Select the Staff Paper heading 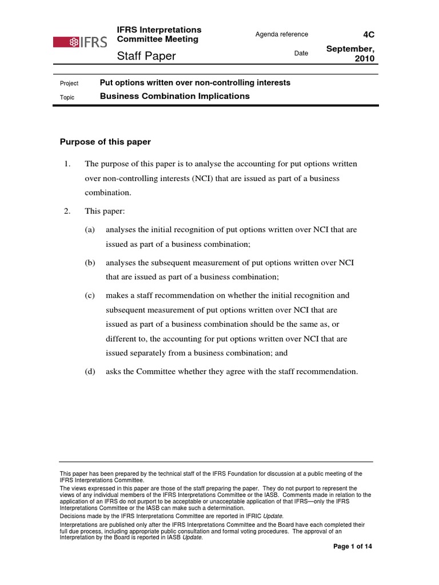[x=146, y=56]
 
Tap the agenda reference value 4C [x=369, y=34]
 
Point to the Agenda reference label [x=281, y=34]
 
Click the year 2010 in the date [x=364, y=59]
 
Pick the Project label [x=69, y=83]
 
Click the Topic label [x=67, y=97]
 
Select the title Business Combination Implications [x=174, y=97]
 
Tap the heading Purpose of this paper [x=105, y=142]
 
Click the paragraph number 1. [x=67, y=164]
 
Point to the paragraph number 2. [x=67, y=211]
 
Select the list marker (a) [x=90, y=230]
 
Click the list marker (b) [x=90, y=263]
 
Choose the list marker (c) [x=90, y=296]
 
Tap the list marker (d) [x=90, y=371]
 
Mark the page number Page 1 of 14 [x=353, y=547]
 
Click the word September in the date [x=350, y=49]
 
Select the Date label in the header [x=301, y=54]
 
